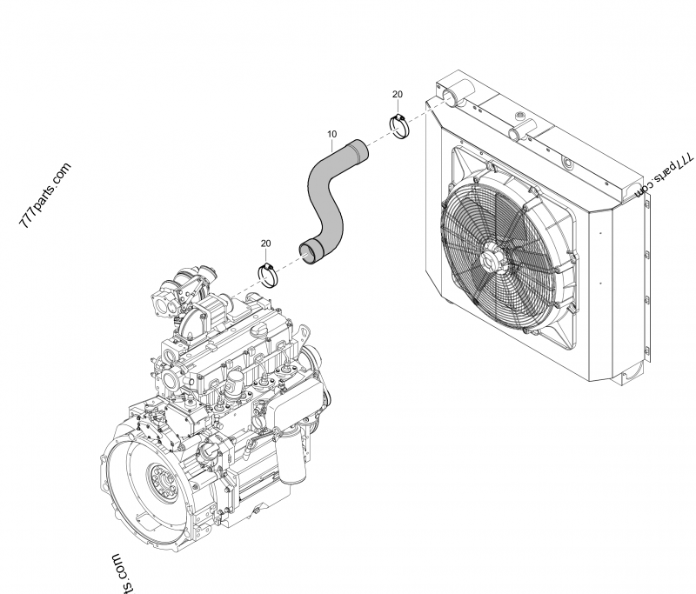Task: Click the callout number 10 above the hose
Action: tap(332, 134)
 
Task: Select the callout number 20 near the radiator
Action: tap(398, 94)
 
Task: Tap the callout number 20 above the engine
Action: tap(266, 244)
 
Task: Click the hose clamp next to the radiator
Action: tap(400, 127)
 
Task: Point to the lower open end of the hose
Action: tap(309, 252)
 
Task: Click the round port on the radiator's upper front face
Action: tap(569, 164)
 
